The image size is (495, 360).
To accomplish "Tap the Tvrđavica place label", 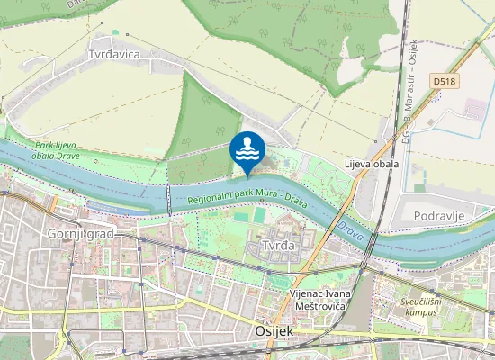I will (113, 54).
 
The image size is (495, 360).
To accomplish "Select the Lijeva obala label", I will (372, 165).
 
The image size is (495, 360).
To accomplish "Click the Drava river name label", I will (352, 230).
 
